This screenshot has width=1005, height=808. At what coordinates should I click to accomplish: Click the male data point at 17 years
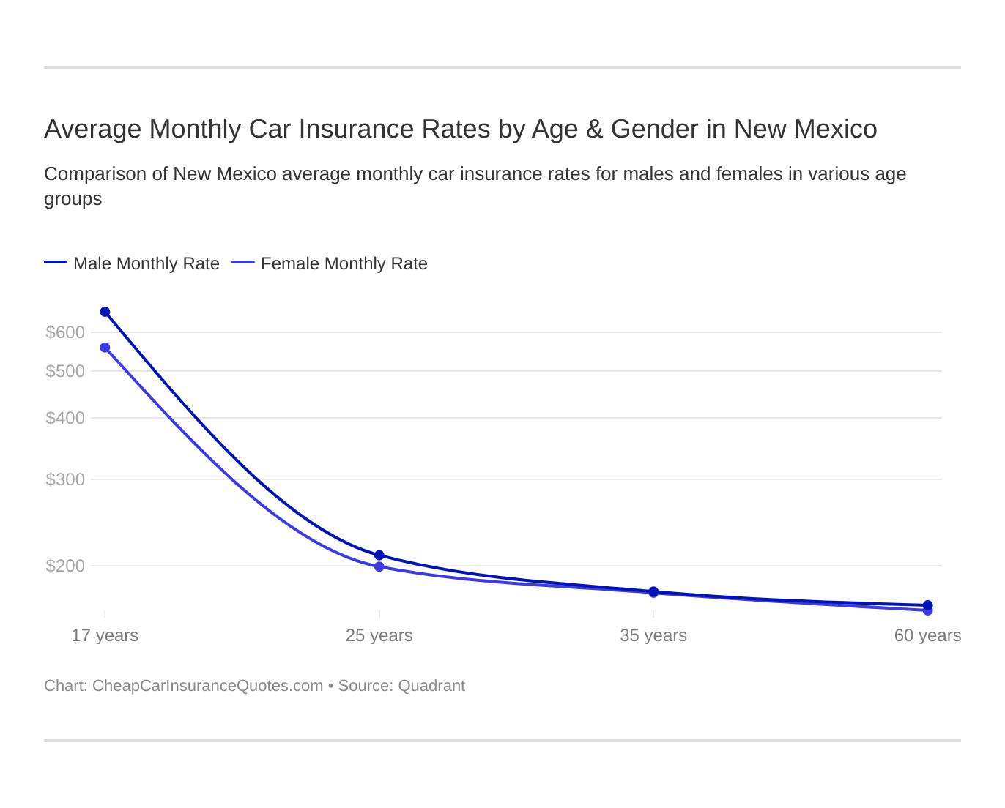[x=105, y=312]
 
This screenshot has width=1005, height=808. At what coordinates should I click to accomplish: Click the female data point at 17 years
[x=105, y=348]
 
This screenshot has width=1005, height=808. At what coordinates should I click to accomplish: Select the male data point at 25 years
[x=379, y=555]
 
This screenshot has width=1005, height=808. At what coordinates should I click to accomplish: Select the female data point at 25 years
[x=379, y=566]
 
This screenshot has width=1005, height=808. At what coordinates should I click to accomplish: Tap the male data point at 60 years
[x=928, y=605]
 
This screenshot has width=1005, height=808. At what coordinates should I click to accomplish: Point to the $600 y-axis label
[x=65, y=332]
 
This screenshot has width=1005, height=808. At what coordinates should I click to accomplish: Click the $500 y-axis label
[x=65, y=371]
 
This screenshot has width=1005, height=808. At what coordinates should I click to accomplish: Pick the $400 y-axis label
[x=65, y=418]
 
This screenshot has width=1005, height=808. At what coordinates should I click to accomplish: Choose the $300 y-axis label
[x=65, y=479]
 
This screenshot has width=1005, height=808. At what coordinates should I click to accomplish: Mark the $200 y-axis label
[x=65, y=566]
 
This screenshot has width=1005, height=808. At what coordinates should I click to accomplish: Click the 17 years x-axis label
[x=105, y=635]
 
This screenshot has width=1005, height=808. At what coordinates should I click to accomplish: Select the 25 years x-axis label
[x=379, y=635]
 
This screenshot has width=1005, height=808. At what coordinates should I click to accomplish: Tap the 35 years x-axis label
[x=653, y=635]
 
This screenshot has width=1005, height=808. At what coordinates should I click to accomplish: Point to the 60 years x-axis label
[x=927, y=635]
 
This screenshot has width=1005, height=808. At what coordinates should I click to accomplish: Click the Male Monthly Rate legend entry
[x=146, y=263]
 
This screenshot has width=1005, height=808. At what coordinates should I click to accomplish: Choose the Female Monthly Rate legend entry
[x=344, y=263]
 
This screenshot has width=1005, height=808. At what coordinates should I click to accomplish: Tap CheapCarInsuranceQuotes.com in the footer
[x=207, y=686]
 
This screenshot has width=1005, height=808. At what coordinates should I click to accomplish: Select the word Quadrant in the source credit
[x=431, y=686]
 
